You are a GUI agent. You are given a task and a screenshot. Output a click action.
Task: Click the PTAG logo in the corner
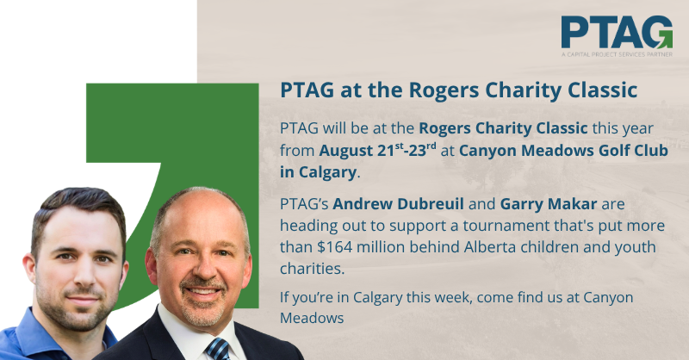617,36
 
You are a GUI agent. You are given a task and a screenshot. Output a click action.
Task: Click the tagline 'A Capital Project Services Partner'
617,54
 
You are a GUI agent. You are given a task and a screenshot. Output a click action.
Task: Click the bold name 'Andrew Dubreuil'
398,204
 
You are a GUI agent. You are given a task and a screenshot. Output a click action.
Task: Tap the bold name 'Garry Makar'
549,204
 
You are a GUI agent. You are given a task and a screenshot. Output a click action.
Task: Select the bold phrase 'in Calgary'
318,172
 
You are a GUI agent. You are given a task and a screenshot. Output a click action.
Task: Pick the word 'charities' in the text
310,269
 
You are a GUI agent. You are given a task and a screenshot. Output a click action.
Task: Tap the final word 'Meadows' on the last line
312,318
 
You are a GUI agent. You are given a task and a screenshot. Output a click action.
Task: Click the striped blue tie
219,349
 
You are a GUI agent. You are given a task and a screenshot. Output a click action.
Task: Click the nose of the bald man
201,268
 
